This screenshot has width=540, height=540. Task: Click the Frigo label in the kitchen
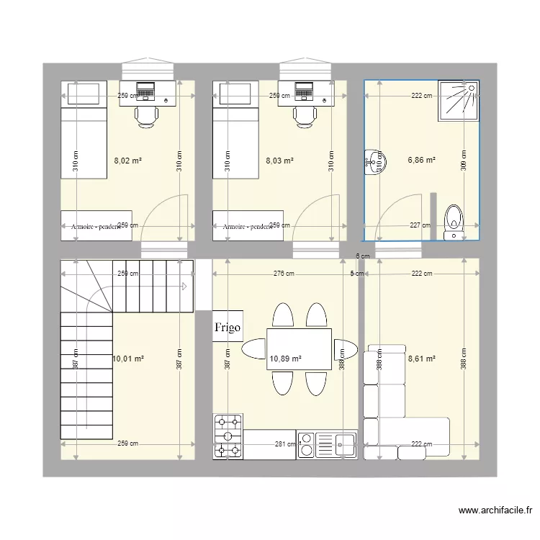(228, 326)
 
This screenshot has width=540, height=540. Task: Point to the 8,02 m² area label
(128, 161)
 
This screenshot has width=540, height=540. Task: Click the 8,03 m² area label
(280, 161)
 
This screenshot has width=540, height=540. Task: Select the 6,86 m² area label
(422, 161)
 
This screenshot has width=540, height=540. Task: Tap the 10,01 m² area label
(129, 358)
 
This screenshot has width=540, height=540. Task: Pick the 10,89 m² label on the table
(285, 358)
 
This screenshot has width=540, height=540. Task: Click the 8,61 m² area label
(422, 358)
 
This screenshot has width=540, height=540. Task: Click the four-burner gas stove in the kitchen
(228, 436)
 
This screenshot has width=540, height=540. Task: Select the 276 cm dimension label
(284, 274)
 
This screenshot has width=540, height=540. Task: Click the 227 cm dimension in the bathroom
(420, 225)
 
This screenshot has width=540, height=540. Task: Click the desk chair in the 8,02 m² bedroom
(146, 116)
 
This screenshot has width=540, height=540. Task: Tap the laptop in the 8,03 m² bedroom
(304, 91)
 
